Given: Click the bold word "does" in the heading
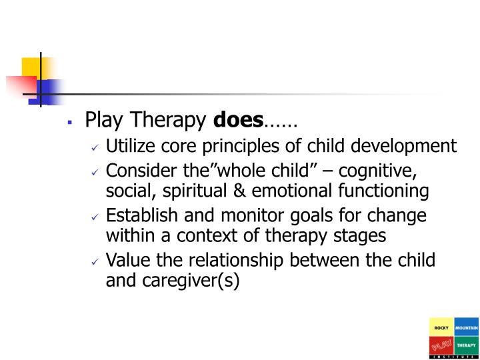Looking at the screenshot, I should click(238, 121).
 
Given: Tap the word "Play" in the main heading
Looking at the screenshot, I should click(100, 121).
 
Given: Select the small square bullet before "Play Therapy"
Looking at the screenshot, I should click(69, 123).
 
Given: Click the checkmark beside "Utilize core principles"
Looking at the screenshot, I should click(95, 147).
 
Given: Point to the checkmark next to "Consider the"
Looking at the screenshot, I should click(95, 171).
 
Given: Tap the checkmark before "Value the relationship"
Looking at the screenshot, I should click(95, 261).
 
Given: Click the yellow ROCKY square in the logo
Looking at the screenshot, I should click(441, 328).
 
